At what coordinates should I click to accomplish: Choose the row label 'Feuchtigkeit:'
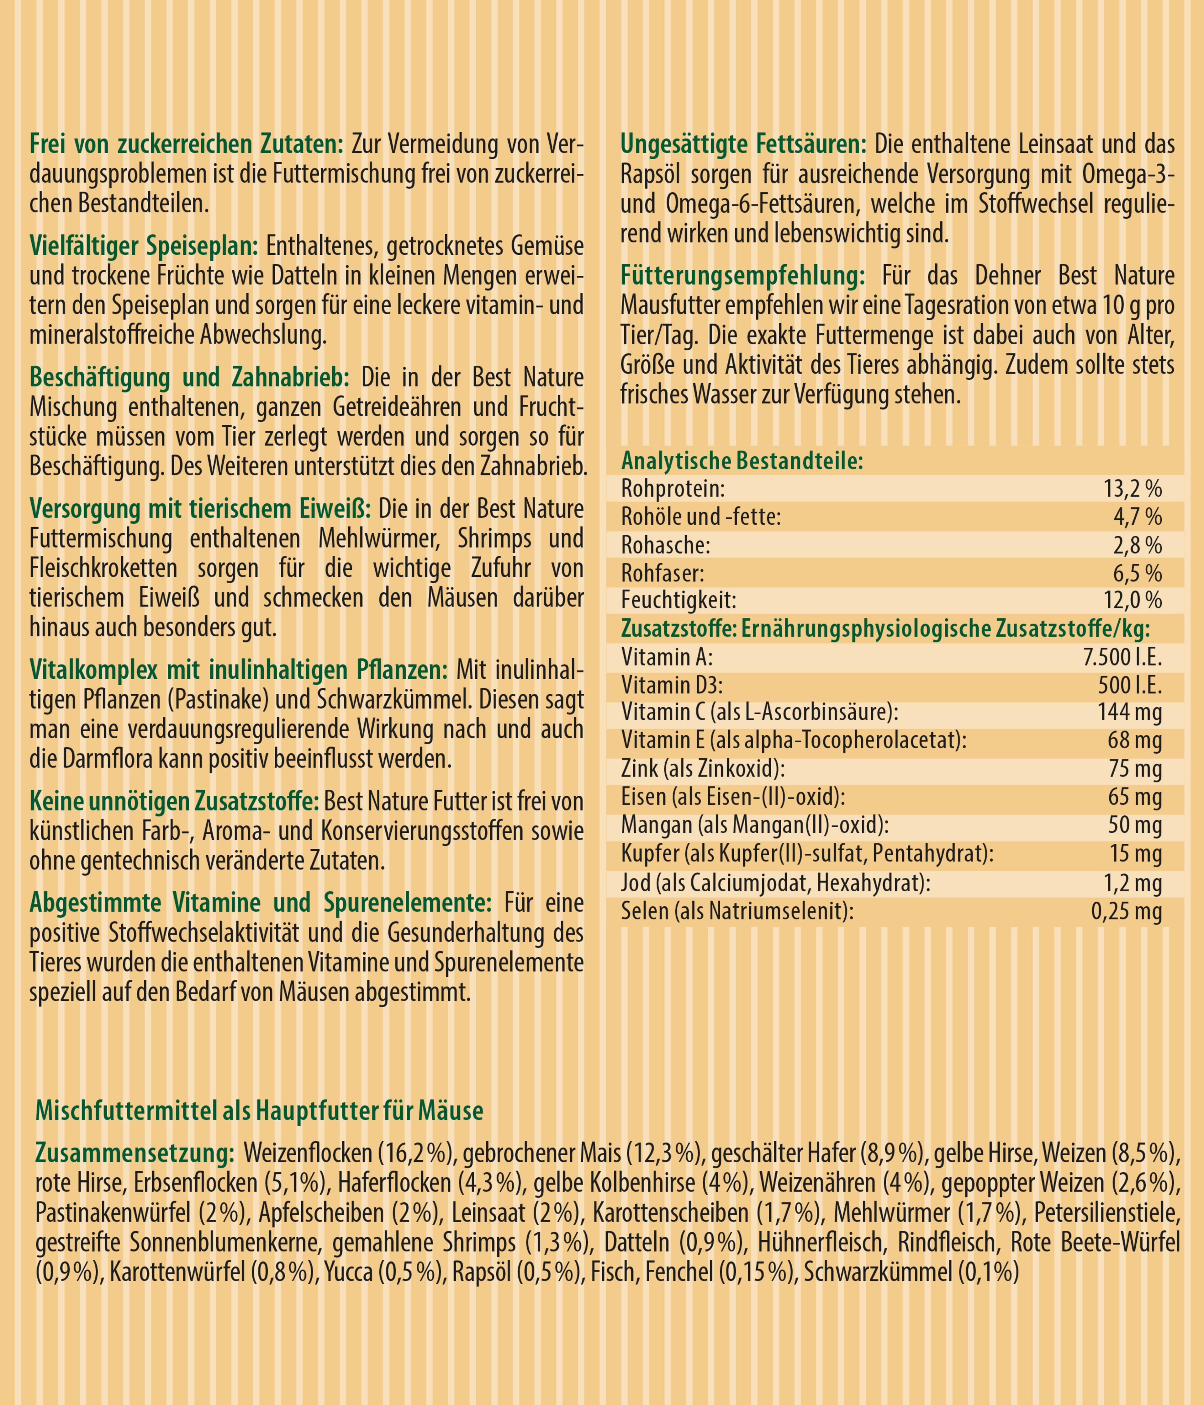coord(678,601)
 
